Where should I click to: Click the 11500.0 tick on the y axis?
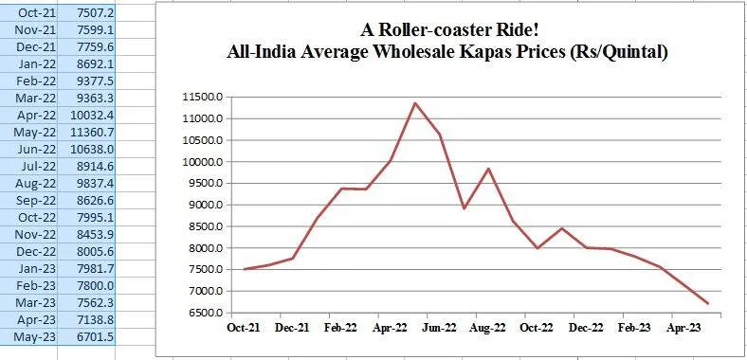[x=203, y=98]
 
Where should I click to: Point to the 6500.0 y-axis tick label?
[x=203, y=313]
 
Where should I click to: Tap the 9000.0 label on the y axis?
[x=203, y=205]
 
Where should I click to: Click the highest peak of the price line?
[x=414, y=103]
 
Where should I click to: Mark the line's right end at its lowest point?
[x=707, y=303]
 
